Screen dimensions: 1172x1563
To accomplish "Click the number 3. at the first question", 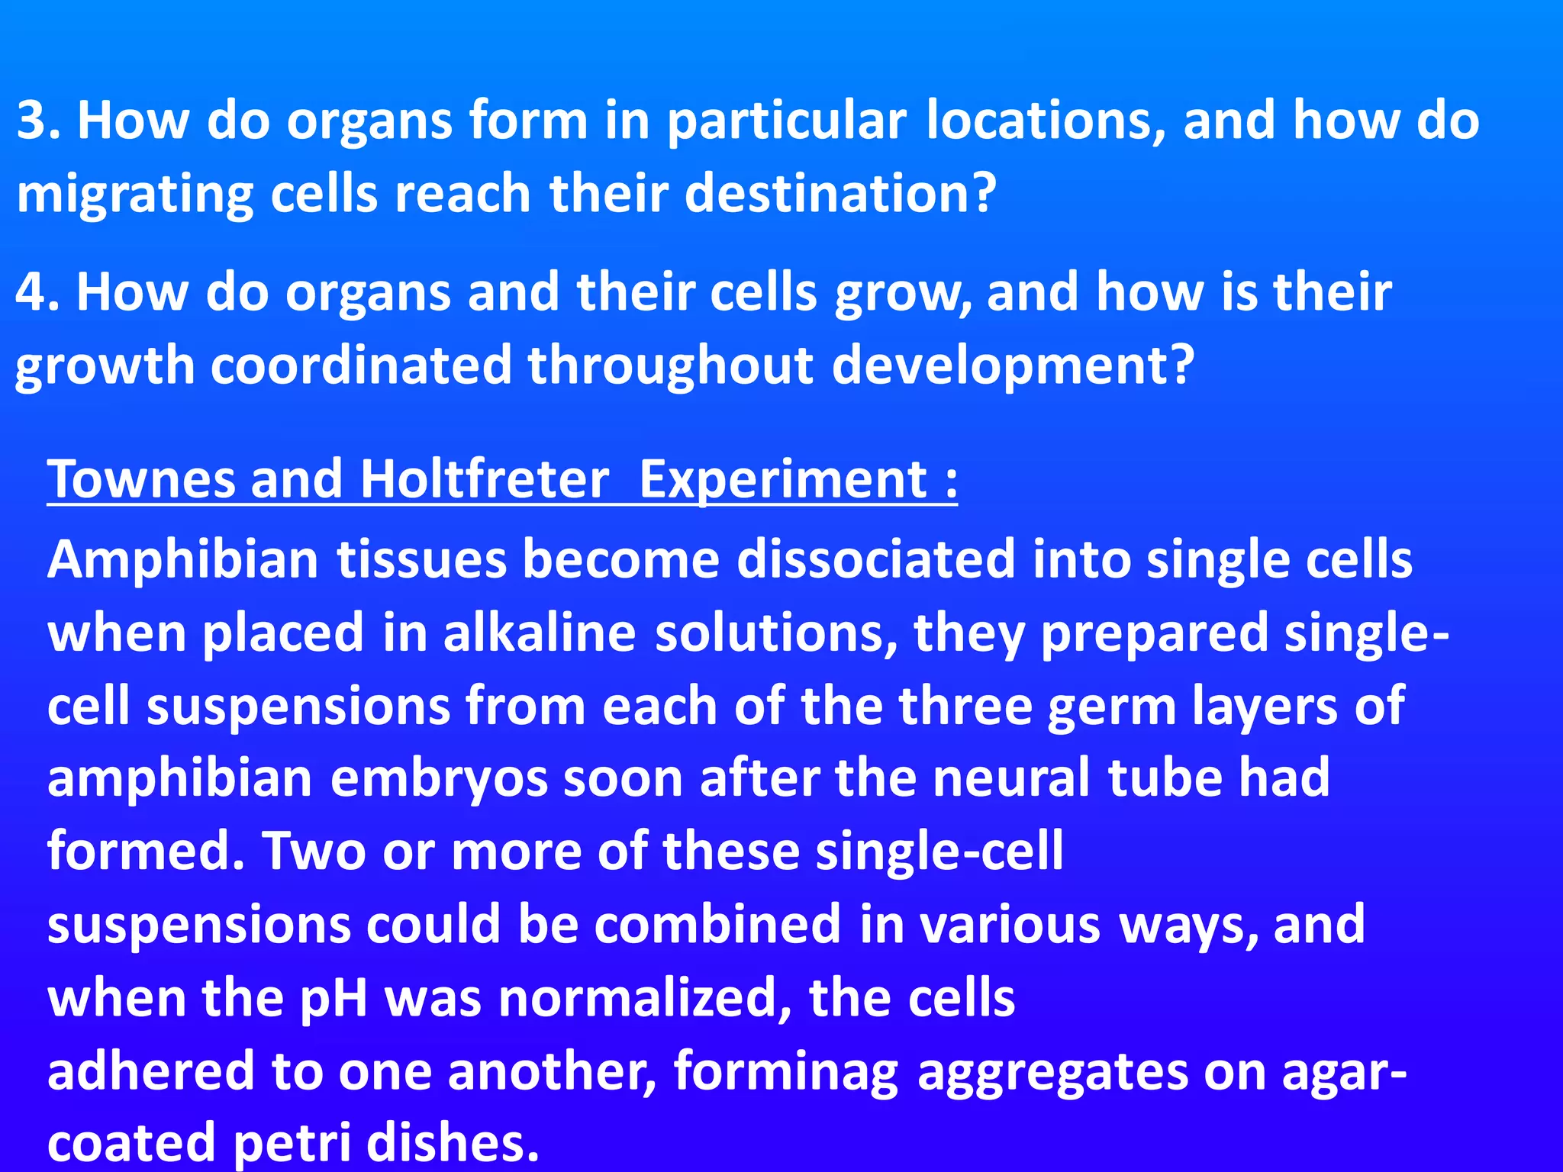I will (38, 121).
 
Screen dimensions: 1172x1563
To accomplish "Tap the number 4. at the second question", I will (37, 292).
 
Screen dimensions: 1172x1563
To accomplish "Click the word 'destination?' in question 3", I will (840, 194).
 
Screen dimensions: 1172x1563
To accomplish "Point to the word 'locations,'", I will (1046, 121).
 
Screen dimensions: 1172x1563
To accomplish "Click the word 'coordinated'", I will (360, 365).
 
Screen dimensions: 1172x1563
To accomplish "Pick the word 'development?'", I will (1012, 365).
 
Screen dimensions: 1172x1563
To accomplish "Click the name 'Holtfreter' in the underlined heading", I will (484, 479).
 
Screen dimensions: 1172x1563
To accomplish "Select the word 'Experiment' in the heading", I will (783, 481).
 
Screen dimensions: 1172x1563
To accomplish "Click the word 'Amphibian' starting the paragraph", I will (182, 560).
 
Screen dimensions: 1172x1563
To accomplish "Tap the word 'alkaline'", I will (539, 633).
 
